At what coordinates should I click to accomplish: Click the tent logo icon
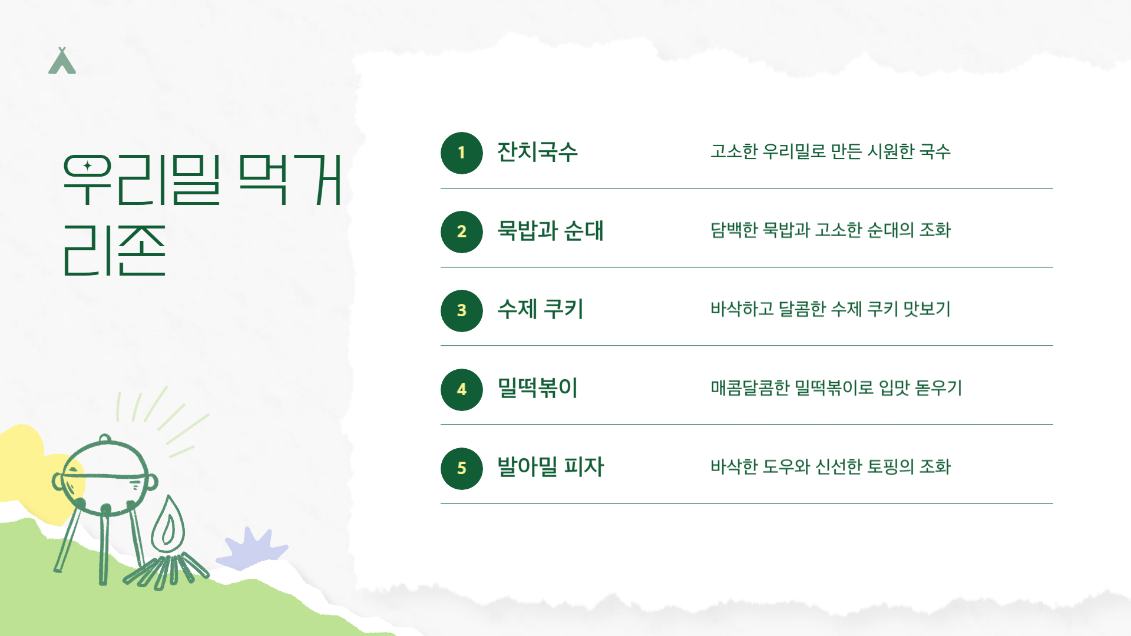click(62, 61)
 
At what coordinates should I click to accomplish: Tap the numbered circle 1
click(461, 153)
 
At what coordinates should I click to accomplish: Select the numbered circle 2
click(461, 232)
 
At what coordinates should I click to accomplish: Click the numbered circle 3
click(461, 311)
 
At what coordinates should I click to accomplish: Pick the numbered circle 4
click(461, 390)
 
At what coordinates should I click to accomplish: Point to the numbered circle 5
click(461, 469)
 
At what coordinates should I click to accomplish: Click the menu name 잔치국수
click(537, 152)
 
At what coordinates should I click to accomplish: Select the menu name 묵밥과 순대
click(550, 231)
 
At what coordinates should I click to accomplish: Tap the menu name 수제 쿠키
click(540, 310)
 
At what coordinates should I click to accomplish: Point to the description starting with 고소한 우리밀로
click(830, 152)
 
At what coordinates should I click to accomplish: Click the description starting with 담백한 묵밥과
click(830, 231)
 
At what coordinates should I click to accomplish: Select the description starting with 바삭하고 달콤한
click(830, 310)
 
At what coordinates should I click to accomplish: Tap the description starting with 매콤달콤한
click(836, 389)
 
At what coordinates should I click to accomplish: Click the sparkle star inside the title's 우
click(87, 166)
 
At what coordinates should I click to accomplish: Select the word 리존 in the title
click(114, 251)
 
